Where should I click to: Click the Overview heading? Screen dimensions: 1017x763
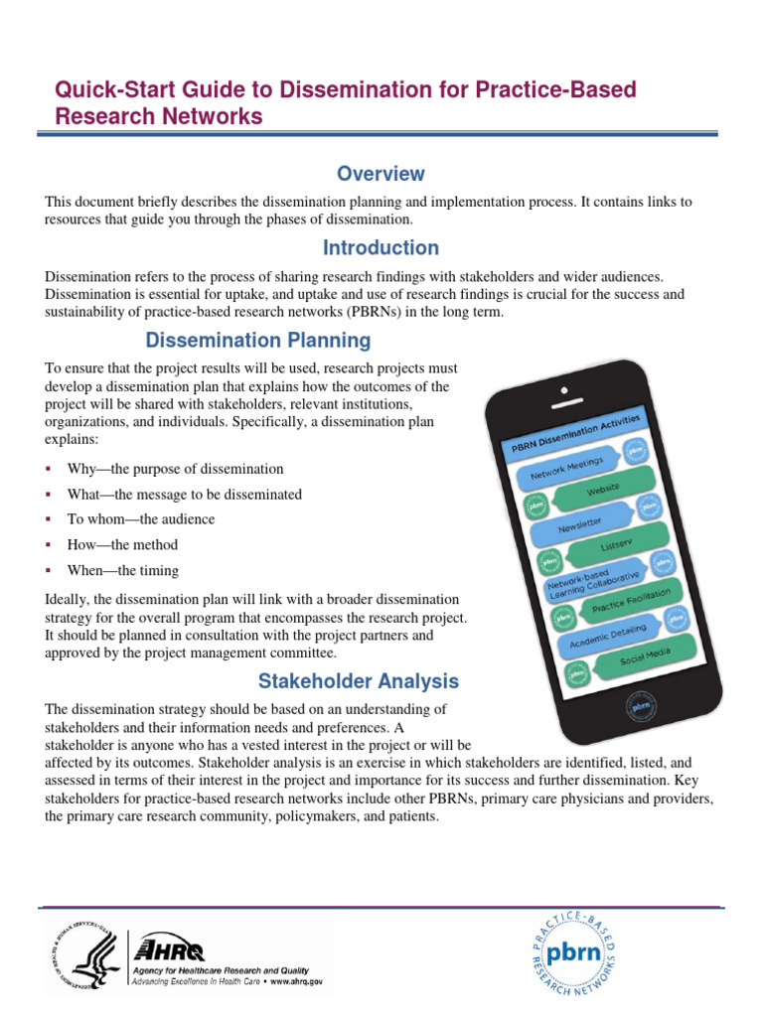point(381,175)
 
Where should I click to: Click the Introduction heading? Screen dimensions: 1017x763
point(381,247)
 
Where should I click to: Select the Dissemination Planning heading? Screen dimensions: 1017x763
point(258,341)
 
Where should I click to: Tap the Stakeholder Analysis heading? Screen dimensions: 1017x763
point(359,681)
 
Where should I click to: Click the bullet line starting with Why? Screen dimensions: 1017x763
point(175,469)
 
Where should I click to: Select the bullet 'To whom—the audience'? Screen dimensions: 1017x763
point(140,519)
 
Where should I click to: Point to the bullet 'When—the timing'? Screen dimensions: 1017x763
point(122,571)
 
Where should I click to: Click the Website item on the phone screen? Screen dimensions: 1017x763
point(603,490)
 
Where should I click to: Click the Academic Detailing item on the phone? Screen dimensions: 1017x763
point(608,638)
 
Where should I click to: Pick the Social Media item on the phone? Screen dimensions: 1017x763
point(645,656)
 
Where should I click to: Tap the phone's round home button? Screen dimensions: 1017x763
point(639,708)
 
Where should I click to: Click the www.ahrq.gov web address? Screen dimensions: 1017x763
point(295,980)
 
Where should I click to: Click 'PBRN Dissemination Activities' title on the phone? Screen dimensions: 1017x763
point(576,435)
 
